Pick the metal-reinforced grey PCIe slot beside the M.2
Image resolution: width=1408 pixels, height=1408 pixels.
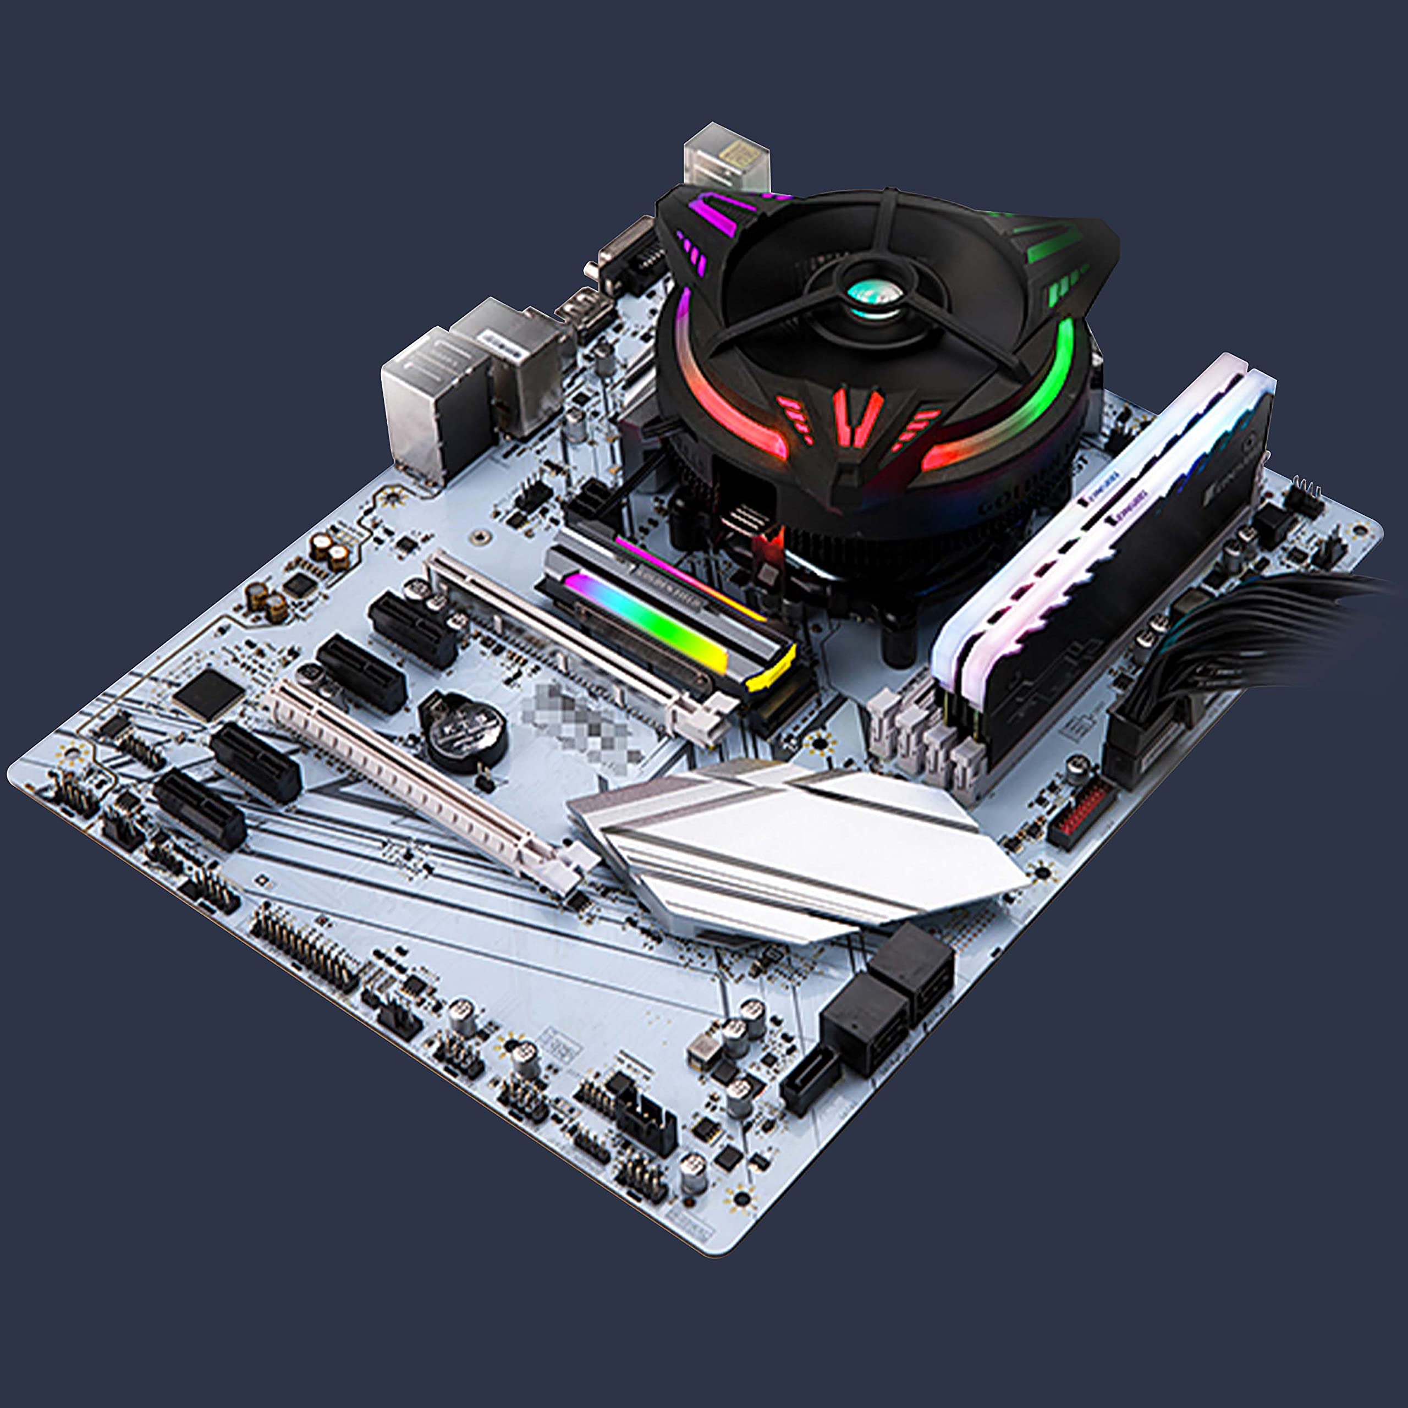576,641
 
